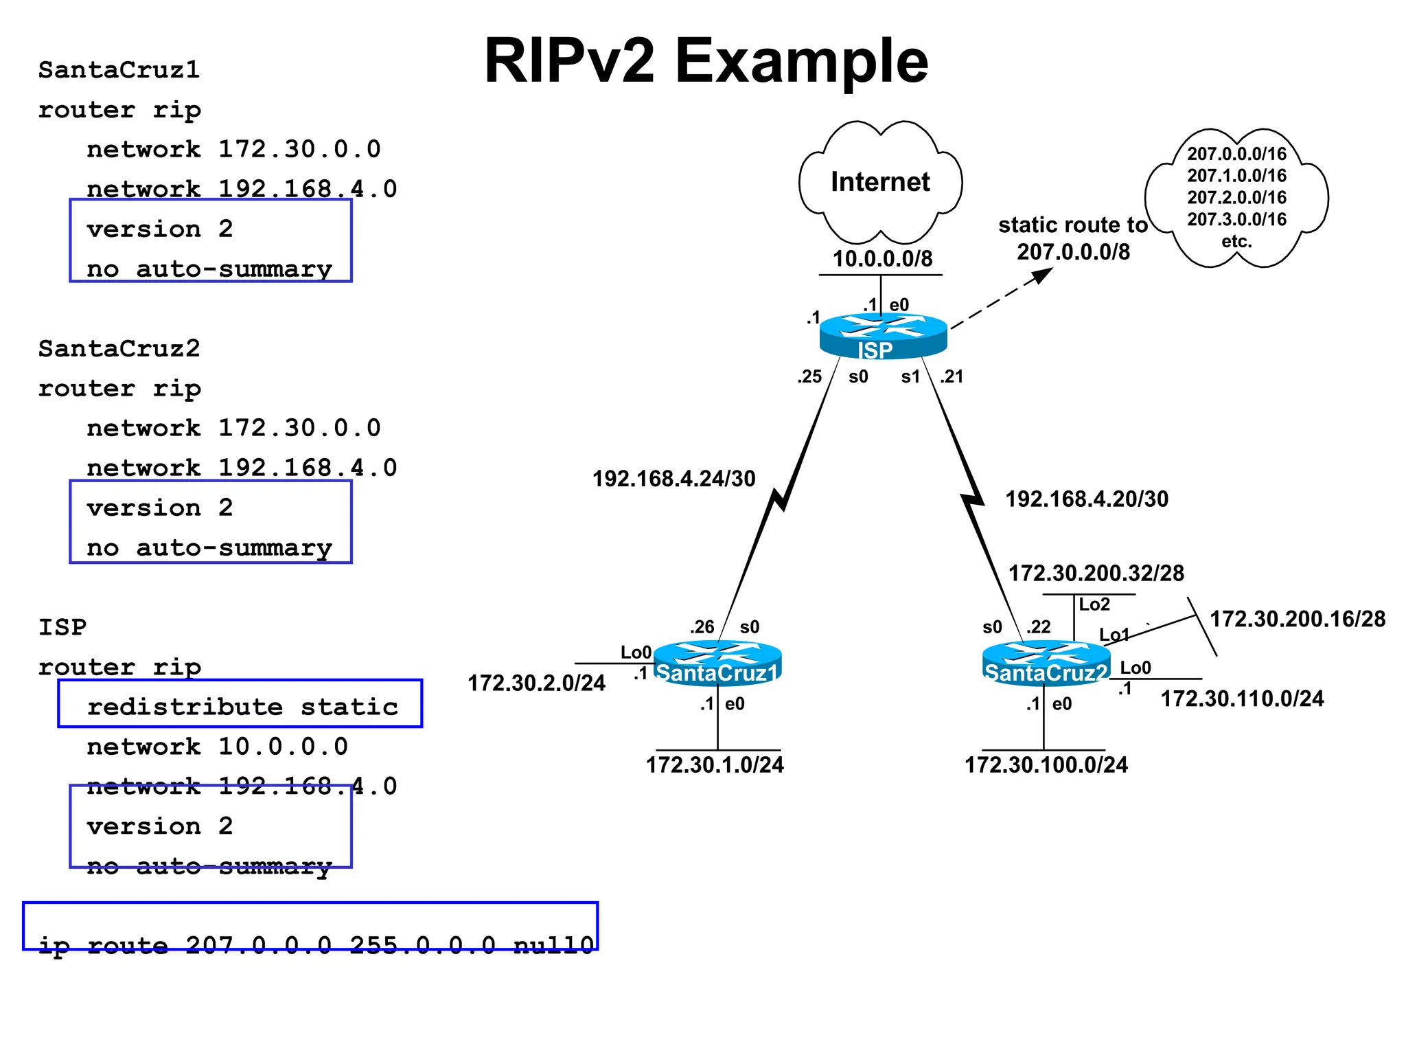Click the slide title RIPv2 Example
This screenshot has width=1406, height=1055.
coord(706,62)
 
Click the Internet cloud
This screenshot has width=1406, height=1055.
coord(880,182)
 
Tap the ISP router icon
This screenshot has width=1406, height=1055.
coord(884,336)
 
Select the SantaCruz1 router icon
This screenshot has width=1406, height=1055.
coord(717,663)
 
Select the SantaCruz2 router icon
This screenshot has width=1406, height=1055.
coord(1046,663)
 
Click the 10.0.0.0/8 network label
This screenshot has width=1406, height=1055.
coord(882,259)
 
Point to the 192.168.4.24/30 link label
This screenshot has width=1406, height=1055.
coord(673,479)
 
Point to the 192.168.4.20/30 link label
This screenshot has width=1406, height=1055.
coord(1087,499)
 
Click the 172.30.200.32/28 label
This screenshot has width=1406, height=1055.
coord(1096,574)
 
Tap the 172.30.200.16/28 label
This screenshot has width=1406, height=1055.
coord(1297,620)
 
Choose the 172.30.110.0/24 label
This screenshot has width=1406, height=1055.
coord(1242,699)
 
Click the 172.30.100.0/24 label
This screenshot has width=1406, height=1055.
coord(1046,765)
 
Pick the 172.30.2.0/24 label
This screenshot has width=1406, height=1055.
coord(536,683)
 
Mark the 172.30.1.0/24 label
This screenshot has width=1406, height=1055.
coord(715,765)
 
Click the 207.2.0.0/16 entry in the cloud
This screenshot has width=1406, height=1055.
coord(1236,198)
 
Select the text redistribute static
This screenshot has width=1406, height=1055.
coord(242,707)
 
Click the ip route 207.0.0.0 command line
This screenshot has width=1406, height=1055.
coord(316,946)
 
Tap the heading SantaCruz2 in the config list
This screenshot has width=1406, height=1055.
coord(119,349)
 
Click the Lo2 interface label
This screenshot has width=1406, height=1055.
coord(1094,605)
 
